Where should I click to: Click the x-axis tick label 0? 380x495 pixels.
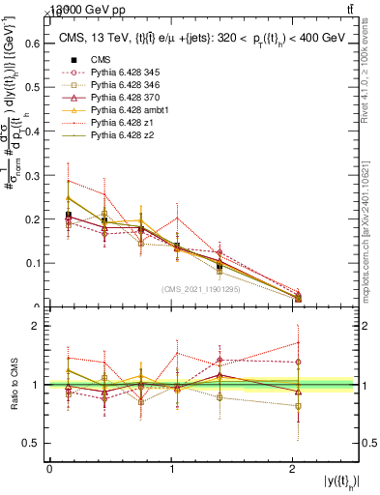(x=49, y=470)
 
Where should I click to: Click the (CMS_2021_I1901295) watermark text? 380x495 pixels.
(x=203, y=289)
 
